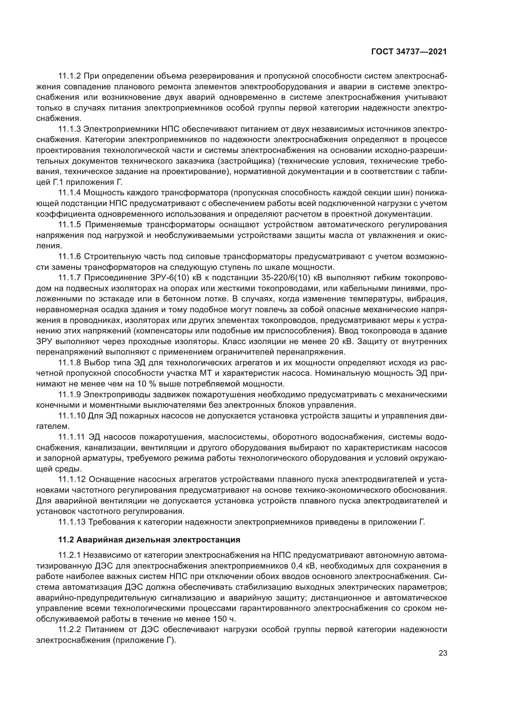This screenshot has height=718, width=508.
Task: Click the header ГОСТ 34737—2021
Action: pyautogui.click(x=409, y=52)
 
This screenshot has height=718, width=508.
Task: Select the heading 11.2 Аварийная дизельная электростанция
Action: pyautogui.click(x=149, y=540)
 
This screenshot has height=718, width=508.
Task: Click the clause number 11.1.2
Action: pyautogui.click(x=69, y=76)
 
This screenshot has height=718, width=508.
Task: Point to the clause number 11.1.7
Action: pyautogui.click(x=69, y=278)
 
